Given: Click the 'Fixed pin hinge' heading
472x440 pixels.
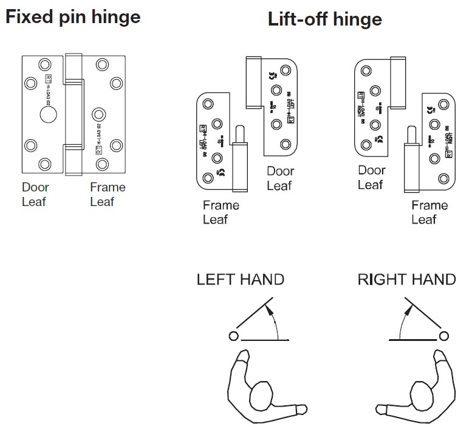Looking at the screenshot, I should [72, 16].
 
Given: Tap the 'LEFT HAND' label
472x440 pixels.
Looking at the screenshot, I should [240, 280].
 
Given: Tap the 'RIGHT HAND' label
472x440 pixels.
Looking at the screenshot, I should [406, 280].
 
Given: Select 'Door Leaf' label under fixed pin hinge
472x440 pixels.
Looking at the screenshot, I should [35, 194].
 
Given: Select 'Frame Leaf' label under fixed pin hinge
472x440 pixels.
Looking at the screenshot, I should [108, 194].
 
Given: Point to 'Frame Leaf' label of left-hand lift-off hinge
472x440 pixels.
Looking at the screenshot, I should [221, 212].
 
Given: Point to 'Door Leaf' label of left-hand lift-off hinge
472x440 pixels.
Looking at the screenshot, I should [280, 179].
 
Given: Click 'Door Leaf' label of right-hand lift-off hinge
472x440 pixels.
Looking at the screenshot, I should [371, 177].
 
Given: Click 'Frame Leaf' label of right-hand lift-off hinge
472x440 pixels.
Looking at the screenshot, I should [429, 212].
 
